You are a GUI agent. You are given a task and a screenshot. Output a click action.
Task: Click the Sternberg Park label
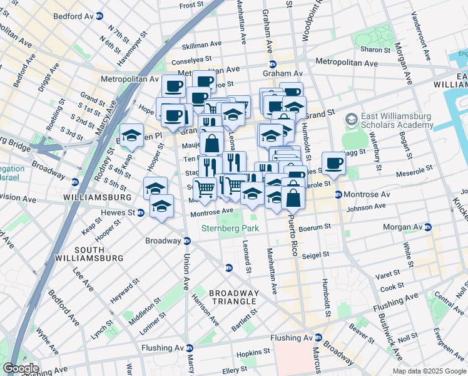(x=225, y=229)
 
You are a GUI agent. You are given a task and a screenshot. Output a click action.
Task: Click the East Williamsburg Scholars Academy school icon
(x=352, y=119)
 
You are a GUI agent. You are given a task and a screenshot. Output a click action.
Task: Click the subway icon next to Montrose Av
(x=338, y=195)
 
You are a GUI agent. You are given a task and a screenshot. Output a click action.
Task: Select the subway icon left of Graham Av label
(x=273, y=64)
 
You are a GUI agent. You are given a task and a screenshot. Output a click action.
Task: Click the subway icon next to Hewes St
(x=141, y=212)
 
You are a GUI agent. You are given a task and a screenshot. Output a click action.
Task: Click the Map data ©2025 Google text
(x=429, y=371)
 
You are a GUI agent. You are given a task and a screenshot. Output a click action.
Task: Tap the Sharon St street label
(x=375, y=49)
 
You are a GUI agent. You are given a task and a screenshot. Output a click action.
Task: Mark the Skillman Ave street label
(x=201, y=45)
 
